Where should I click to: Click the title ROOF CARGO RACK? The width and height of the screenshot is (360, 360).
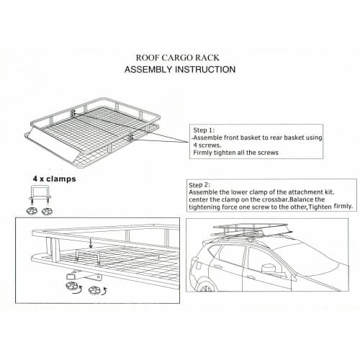pyautogui.click(x=178, y=58)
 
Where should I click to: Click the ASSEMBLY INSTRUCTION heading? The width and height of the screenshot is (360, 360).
pyautogui.click(x=180, y=70)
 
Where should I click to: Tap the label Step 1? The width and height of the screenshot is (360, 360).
pyautogui.click(x=204, y=130)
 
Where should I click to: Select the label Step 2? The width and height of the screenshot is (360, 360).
pyautogui.click(x=199, y=185)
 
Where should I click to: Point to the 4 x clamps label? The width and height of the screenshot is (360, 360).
pyautogui.click(x=54, y=179)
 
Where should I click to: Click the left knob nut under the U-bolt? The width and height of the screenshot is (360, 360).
pyautogui.click(x=32, y=211)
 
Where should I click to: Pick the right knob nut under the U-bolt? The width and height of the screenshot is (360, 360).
pyautogui.click(x=47, y=212)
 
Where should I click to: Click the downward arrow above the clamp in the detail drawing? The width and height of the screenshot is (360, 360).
pyautogui.click(x=91, y=243)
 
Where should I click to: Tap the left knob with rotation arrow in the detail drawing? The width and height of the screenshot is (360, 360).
pyautogui.click(x=73, y=287)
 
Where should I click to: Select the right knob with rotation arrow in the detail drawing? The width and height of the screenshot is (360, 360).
pyautogui.click(x=97, y=290)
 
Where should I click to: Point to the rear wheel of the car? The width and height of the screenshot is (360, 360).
pyautogui.click(x=204, y=286)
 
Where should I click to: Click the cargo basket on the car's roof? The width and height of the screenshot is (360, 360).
pyautogui.click(x=251, y=230)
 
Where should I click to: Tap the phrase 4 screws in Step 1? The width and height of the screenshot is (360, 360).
pyautogui.click(x=207, y=145)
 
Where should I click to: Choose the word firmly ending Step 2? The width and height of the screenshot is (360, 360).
pyautogui.click(x=343, y=206)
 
